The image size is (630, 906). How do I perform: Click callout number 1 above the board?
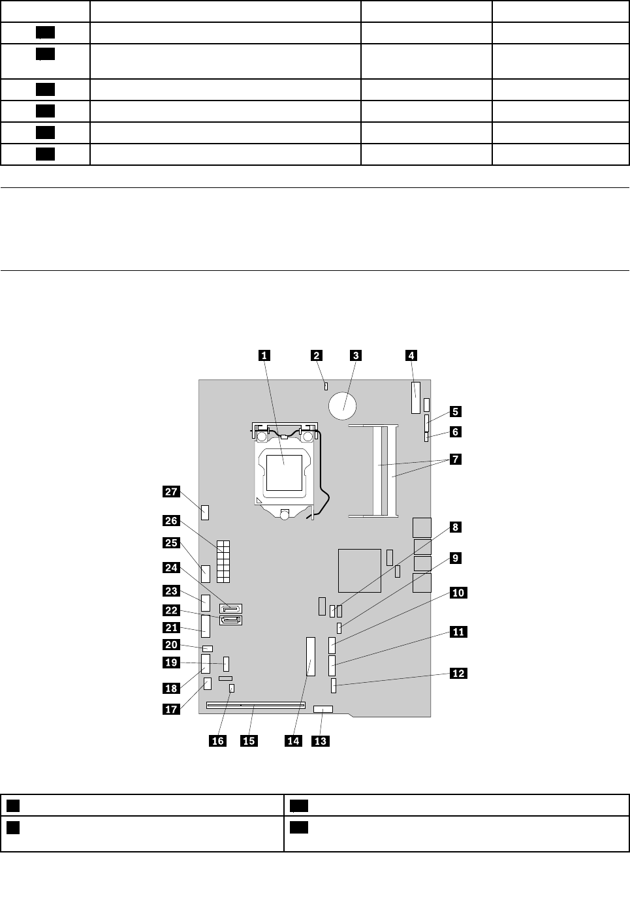point(263,355)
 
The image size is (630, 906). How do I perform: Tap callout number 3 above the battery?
point(355,355)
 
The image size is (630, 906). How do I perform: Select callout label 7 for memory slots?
point(455,459)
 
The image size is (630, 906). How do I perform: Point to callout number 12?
point(459,673)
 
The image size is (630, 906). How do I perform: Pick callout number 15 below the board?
point(249,740)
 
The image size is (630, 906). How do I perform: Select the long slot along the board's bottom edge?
point(256,705)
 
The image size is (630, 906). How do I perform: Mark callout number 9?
point(455,558)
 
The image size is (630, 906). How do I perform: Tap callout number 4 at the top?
point(411,355)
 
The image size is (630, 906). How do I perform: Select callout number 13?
point(321,740)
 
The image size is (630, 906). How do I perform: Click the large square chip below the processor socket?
point(360,570)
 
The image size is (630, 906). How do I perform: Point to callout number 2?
point(316,355)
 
